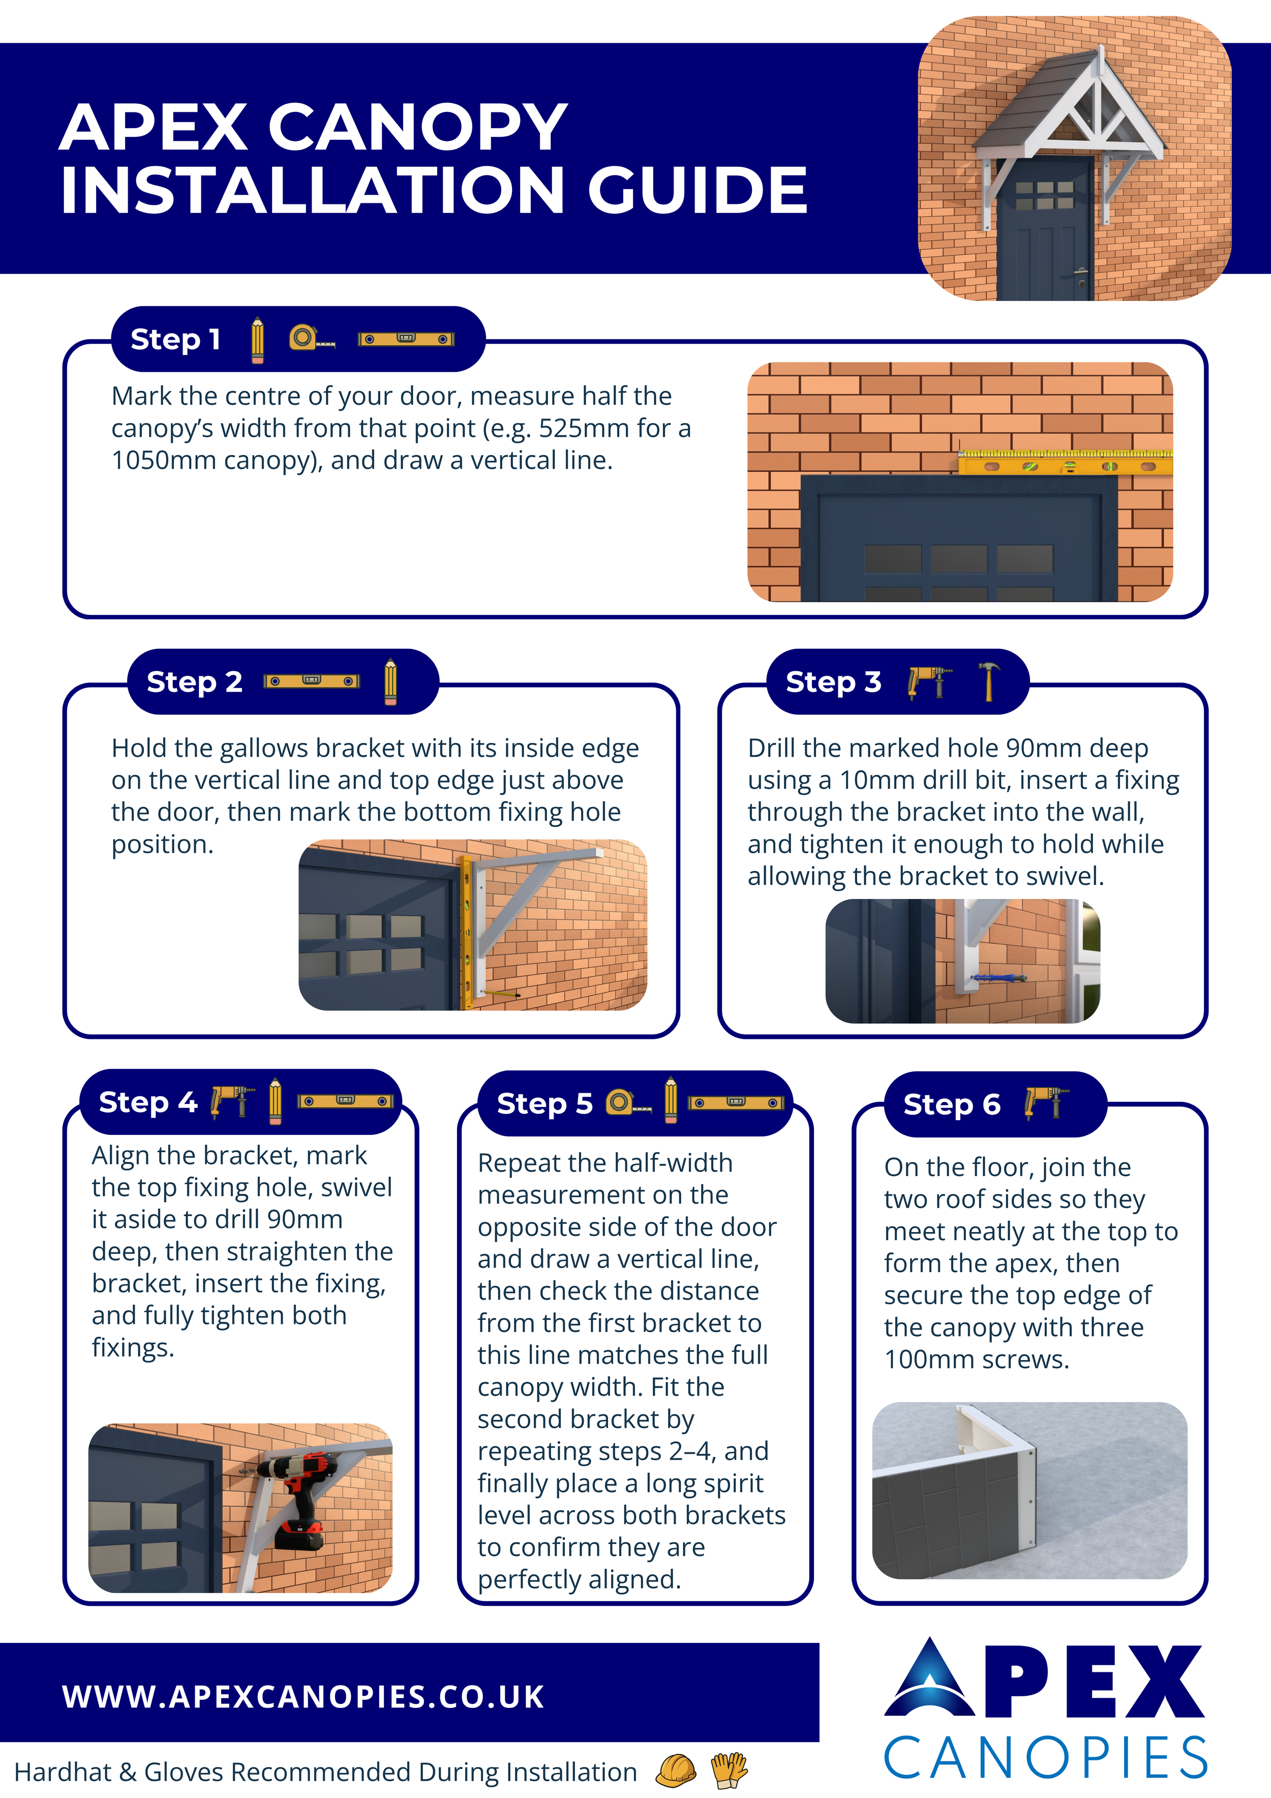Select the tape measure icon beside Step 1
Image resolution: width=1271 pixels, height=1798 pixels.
tap(312, 338)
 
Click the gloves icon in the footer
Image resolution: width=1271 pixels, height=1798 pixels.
tap(729, 1770)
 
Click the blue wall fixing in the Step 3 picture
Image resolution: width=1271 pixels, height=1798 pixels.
tap(997, 977)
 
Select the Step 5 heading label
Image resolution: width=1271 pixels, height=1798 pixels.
tap(544, 1103)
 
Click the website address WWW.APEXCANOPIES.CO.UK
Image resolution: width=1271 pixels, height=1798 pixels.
tap(303, 1696)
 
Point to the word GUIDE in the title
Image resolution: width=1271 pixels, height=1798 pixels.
tap(697, 190)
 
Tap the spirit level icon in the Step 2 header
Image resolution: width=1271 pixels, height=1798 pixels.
tap(312, 681)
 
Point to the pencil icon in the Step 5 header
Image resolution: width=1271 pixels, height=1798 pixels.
tap(671, 1100)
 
